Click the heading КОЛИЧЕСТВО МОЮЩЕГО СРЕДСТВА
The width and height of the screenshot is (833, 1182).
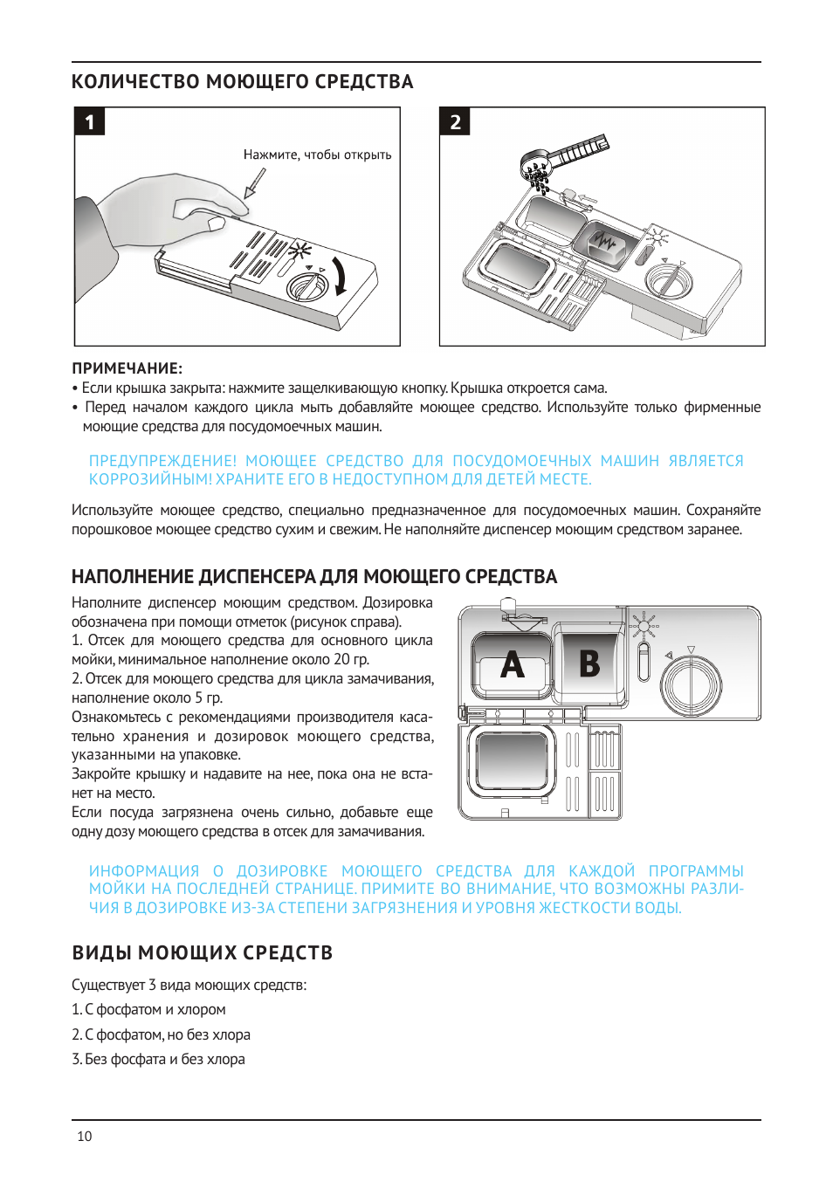pyautogui.click(x=242, y=82)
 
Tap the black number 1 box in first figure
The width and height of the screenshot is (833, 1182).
pyautogui.click(x=90, y=122)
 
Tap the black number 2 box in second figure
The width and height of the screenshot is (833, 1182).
pyautogui.click(x=455, y=122)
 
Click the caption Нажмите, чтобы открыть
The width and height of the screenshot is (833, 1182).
pyautogui.click(x=317, y=155)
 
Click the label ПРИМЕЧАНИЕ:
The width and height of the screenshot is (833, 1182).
pyautogui.click(x=127, y=368)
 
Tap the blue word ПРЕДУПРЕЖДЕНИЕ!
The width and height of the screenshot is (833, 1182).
pyautogui.click(x=162, y=461)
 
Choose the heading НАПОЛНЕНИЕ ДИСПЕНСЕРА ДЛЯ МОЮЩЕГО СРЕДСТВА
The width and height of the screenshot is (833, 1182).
pyautogui.click(x=314, y=577)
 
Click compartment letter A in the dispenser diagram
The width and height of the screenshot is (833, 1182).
pyautogui.click(x=513, y=665)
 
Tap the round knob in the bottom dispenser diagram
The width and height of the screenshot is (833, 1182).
pyautogui.click(x=692, y=684)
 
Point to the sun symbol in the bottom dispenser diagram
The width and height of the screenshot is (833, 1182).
pyautogui.click(x=644, y=625)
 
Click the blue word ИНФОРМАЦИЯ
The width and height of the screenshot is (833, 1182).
pyautogui.click(x=144, y=871)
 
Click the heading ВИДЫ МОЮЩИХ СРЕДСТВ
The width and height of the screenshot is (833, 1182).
pyautogui.click(x=203, y=952)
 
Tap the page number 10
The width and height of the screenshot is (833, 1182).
pyautogui.click(x=85, y=1137)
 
